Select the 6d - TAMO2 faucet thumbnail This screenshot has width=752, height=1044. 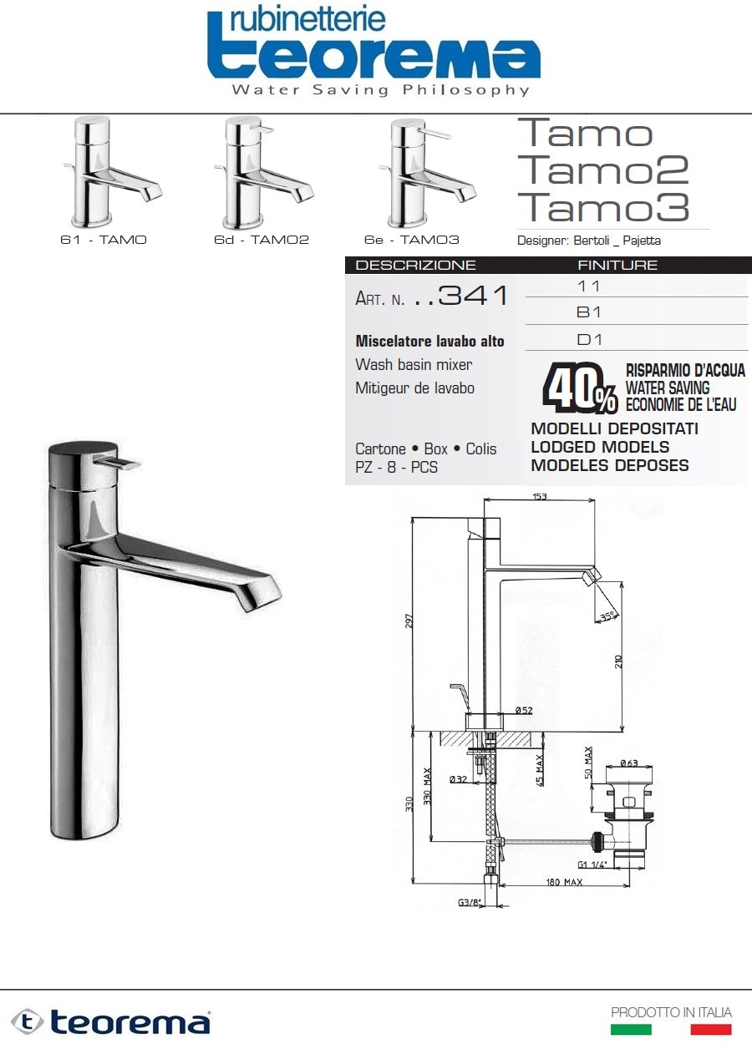tap(262, 172)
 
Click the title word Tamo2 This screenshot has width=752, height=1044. tap(602, 170)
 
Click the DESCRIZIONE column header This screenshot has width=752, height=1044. tap(415, 266)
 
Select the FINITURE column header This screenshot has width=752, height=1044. tap(617, 266)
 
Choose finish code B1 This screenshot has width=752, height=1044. tap(589, 312)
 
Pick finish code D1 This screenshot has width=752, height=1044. tap(589, 340)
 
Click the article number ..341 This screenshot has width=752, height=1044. tap(461, 296)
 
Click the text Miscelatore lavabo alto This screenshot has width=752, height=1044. tap(429, 342)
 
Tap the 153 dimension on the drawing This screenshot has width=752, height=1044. tap(539, 497)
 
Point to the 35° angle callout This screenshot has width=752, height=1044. tap(607, 616)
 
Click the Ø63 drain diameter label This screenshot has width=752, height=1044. tap(628, 763)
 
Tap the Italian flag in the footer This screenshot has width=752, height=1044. tap(671, 1030)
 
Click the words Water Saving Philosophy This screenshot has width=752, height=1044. tap(380, 89)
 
